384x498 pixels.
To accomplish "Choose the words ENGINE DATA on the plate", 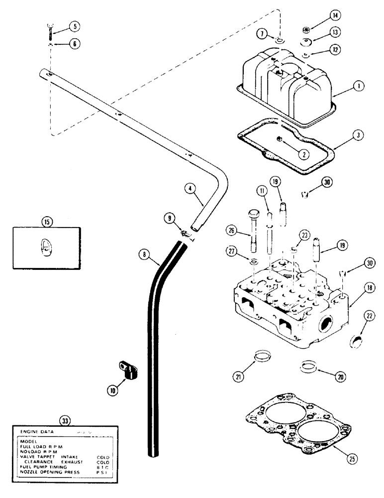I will pyautogui.click(x=37, y=432).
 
